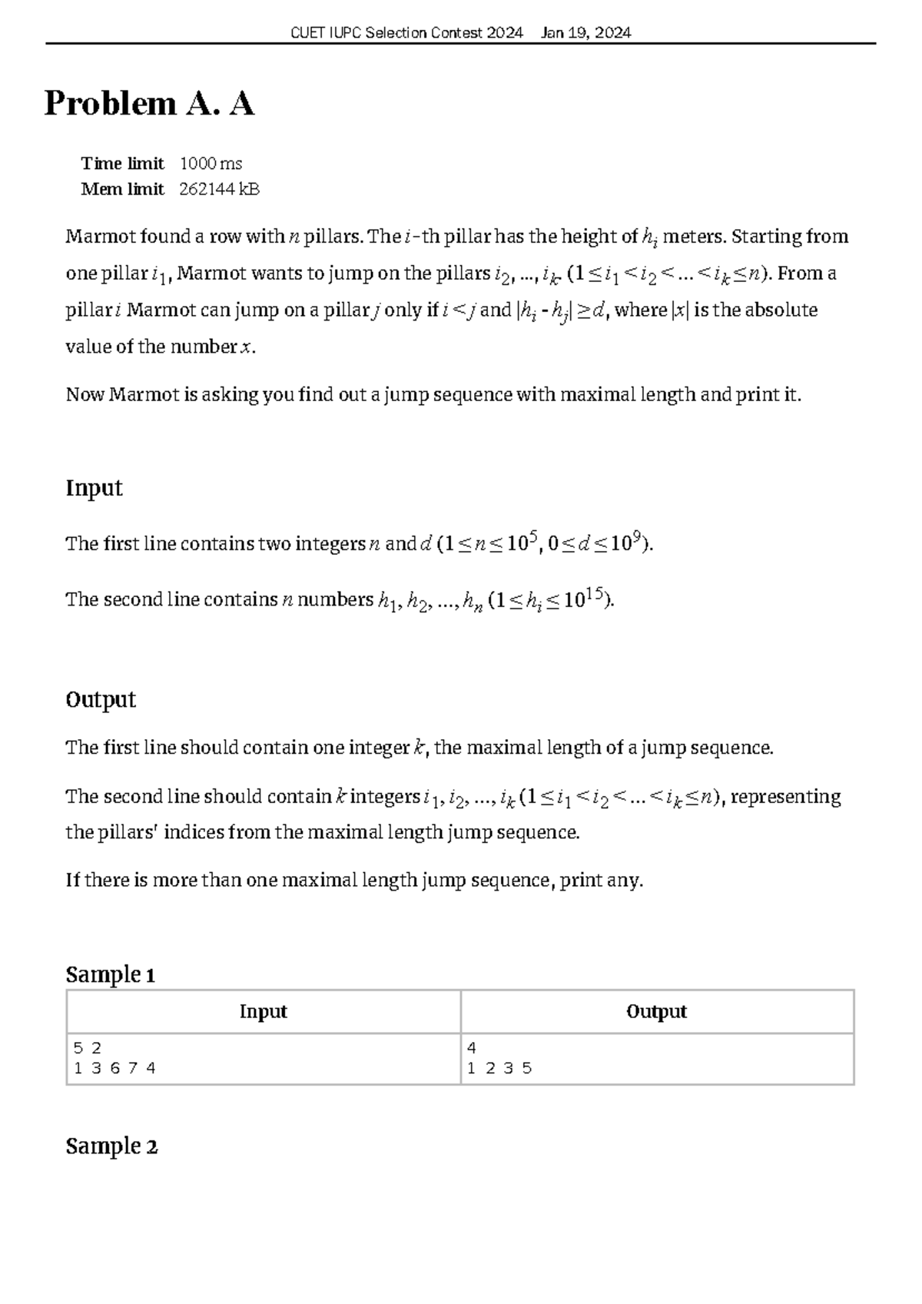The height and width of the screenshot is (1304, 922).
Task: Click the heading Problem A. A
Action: [149, 104]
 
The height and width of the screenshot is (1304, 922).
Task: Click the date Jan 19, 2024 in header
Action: [585, 32]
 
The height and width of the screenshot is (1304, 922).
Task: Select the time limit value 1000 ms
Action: [211, 164]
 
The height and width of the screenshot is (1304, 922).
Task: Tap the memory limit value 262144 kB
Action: [219, 189]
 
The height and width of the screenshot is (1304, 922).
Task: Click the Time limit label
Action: [122, 164]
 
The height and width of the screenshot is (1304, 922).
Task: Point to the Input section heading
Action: [94, 488]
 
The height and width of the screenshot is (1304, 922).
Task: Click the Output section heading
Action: [100, 699]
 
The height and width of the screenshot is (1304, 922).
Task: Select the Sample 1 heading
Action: [110, 975]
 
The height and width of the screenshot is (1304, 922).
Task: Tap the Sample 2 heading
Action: [111, 1146]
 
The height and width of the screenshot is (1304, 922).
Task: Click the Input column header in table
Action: [263, 1012]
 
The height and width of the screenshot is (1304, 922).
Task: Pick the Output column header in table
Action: [656, 1012]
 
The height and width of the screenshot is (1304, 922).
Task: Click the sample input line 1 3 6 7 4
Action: [114, 1068]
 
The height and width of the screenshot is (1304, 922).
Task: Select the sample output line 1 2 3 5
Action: [499, 1068]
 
